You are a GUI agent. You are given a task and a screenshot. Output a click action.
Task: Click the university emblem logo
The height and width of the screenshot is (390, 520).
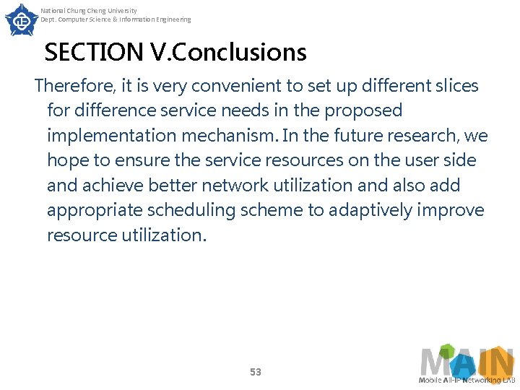tap(22, 19)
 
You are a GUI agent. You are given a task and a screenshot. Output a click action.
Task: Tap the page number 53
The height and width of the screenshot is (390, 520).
tap(255, 372)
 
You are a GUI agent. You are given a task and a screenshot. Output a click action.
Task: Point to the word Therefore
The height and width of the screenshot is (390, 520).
tap(73, 86)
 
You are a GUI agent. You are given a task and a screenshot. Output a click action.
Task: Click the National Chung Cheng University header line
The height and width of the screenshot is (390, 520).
tap(88, 11)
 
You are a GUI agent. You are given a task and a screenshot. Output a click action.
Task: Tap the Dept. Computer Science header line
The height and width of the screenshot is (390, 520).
tap(116, 19)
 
